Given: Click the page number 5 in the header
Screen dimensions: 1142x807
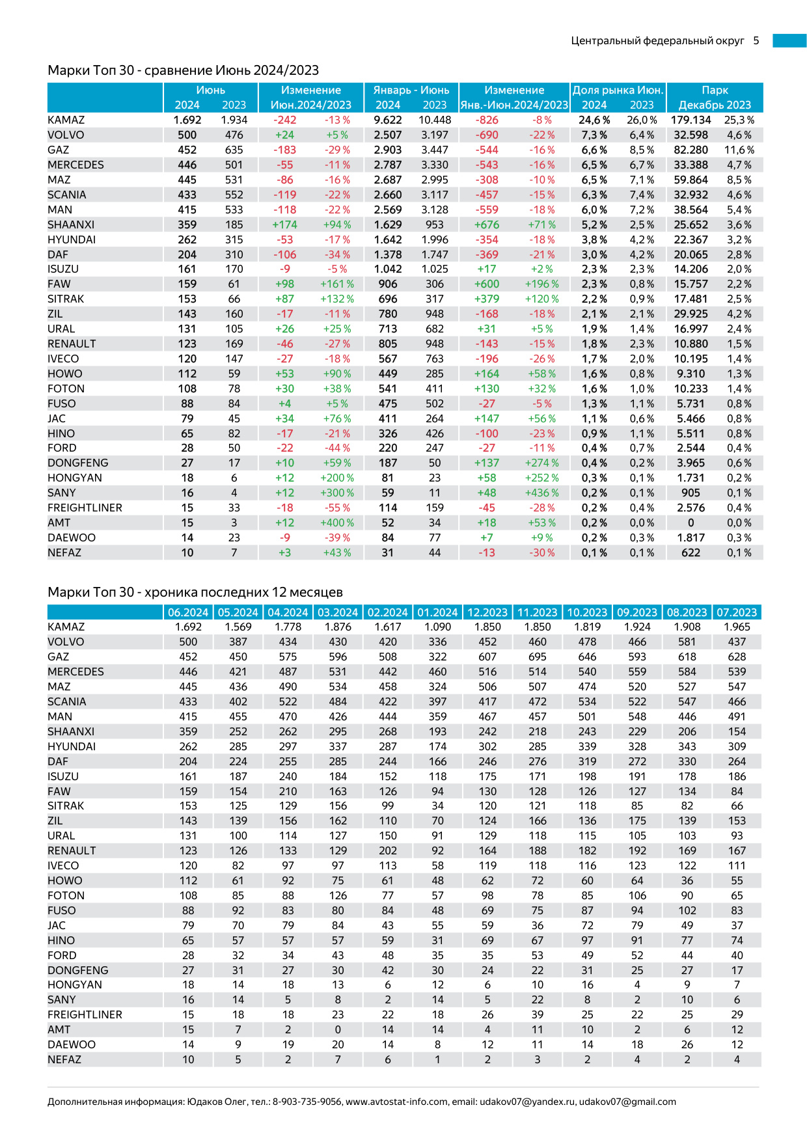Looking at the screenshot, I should click(756, 40).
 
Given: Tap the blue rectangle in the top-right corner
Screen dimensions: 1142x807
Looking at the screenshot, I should click(789, 40).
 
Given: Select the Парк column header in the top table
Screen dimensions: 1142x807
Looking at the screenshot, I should click(715, 90).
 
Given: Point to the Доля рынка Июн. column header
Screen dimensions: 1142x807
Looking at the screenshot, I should click(618, 90).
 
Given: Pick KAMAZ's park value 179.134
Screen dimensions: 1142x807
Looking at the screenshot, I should click(691, 120).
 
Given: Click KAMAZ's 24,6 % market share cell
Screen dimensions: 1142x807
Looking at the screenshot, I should click(594, 120).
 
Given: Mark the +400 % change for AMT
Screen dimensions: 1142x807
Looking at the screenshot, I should click(337, 523).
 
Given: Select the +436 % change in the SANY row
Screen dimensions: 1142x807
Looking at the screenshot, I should click(541, 493).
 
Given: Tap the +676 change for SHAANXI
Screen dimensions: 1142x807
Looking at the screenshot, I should click(487, 225).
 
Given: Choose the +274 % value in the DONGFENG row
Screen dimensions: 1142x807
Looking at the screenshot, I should click(541, 463).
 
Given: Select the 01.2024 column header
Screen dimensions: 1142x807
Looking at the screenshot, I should click(437, 612).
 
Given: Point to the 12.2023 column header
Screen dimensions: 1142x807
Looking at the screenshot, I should click(487, 612).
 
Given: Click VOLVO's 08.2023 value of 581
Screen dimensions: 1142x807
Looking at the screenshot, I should click(687, 642).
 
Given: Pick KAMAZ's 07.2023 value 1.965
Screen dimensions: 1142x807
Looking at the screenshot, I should click(737, 627).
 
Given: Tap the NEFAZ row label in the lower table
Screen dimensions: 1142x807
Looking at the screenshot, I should click(64, 1060).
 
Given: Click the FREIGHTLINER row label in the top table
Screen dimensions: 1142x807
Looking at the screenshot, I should click(85, 508).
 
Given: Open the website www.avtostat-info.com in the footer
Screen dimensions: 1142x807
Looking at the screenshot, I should click(396, 1102).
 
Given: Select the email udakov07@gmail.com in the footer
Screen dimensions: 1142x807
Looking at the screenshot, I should click(627, 1102).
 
